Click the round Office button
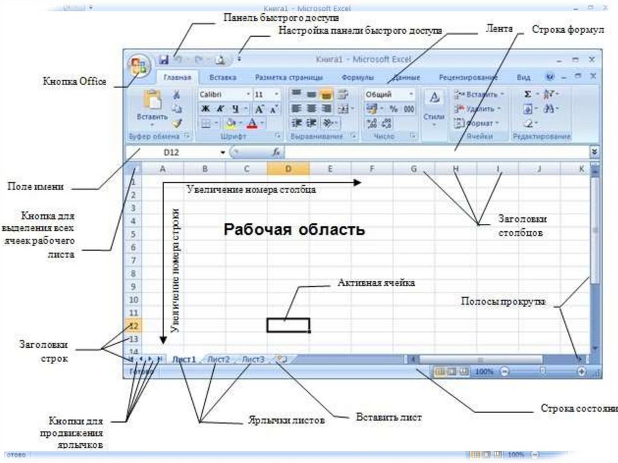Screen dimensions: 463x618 [x=138, y=66]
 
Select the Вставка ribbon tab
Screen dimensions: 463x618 [x=222, y=78]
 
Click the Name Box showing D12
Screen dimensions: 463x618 [x=175, y=153]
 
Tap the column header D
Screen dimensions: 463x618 [x=288, y=169]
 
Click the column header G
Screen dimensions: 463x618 [x=414, y=169]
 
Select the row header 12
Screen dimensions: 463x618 [x=133, y=326]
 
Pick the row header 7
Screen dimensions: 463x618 [x=133, y=260]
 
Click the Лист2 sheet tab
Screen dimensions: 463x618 [x=218, y=359]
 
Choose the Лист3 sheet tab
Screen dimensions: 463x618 [x=253, y=359]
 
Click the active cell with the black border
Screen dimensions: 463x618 [x=288, y=325]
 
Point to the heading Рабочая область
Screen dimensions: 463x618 [x=295, y=230]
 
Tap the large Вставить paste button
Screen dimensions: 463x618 [x=151, y=106]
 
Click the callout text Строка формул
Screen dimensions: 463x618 [x=567, y=30]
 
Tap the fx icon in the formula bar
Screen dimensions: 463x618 [x=276, y=153]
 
